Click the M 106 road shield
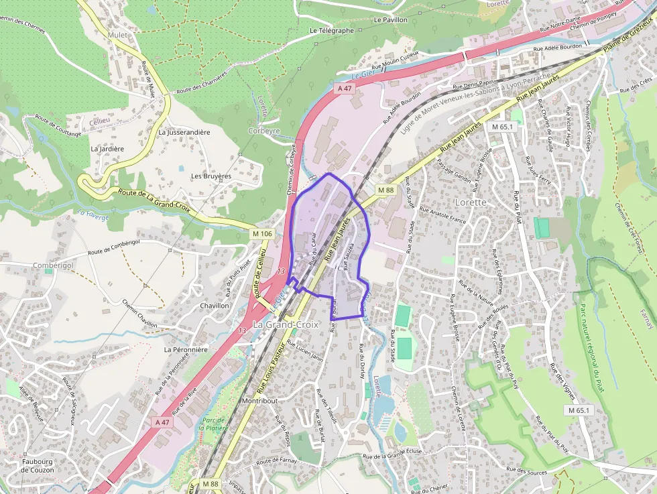(263, 233)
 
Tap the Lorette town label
(470, 202)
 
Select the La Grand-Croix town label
(285, 325)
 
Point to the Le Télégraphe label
(331, 31)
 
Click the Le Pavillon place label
(391, 20)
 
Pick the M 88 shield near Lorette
(385, 190)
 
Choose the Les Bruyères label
(211, 176)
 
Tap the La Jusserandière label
(184, 133)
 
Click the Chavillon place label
(215, 306)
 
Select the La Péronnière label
(186, 349)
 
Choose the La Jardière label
(107, 149)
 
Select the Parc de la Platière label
(215, 424)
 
